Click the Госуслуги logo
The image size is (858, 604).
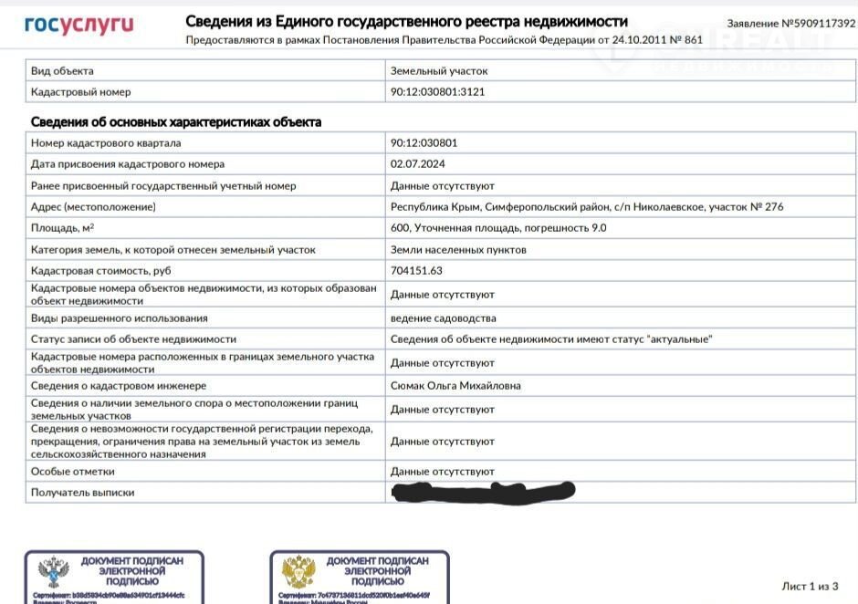tap(78, 25)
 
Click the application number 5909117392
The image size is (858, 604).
tap(791, 23)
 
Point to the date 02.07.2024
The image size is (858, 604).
tap(417, 164)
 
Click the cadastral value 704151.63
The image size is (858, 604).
tap(416, 271)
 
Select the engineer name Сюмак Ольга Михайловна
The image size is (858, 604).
tap(455, 386)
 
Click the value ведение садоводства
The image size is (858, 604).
tap(443, 318)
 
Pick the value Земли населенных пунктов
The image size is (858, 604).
tap(458, 250)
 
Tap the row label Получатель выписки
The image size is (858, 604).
tap(82, 493)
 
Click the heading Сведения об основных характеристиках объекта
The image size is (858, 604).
tap(176, 122)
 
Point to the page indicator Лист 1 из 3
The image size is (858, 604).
tap(810, 586)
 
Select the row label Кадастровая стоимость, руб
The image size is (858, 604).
tap(101, 271)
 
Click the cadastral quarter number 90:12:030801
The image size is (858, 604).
tap(424, 143)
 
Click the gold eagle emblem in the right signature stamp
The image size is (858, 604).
tap(298, 573)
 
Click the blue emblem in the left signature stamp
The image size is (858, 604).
tap(54, 573)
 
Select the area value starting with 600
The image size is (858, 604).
tap(498, 228)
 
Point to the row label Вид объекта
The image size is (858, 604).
tap(62, 70)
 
